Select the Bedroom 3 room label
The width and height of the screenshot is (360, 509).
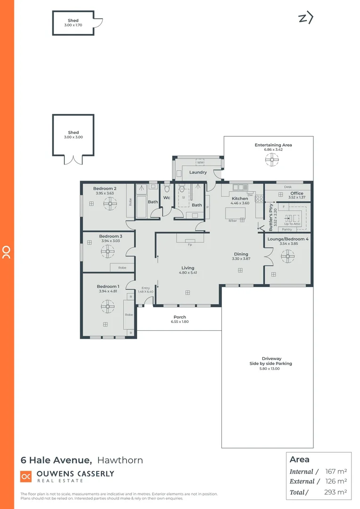click(x=111, y=236)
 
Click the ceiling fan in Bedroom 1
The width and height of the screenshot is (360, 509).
click(x=108, y=307)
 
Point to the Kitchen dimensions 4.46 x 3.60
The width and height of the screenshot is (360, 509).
click(x=240, y=203)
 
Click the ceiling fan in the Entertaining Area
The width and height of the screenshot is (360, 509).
click(x=271, y=161)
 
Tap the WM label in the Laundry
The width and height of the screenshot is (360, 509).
click(x=200, y=162)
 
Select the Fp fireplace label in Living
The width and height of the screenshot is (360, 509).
click(x=190, y=245)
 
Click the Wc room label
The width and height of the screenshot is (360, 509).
click(x=166, y=198)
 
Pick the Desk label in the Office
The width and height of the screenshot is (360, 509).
click(x=287, y=187)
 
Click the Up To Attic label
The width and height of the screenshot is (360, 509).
click(x=292, y=224)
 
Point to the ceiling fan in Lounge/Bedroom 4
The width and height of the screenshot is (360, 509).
click(x=287, y=257)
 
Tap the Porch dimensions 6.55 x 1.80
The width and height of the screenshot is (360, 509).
click(x=180, y=322)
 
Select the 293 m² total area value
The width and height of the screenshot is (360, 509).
click(x=336, y=492)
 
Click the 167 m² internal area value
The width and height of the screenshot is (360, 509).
click(x=336, y=471)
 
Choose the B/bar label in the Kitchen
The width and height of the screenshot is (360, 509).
click(x=232, y=221)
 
